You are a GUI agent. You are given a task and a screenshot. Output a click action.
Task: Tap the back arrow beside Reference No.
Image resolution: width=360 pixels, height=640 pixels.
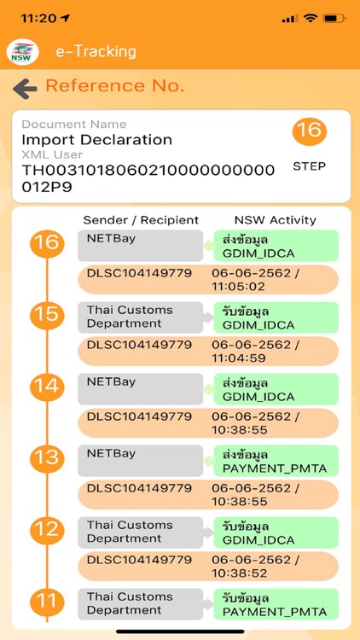point(25,88)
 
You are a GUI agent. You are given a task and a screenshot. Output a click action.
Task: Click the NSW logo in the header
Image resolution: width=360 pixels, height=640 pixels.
point(23,52)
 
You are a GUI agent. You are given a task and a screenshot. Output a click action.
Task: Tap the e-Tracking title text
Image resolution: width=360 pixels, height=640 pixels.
point(96,51)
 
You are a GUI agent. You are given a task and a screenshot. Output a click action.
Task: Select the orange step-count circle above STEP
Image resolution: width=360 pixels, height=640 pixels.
point(309,131)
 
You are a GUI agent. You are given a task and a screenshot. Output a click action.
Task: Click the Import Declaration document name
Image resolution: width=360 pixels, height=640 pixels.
point(96,139)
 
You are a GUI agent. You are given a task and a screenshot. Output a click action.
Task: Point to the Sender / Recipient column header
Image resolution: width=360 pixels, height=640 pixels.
point(141,220)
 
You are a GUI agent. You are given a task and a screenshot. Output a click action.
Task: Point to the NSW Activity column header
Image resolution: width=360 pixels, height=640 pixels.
point(275,220)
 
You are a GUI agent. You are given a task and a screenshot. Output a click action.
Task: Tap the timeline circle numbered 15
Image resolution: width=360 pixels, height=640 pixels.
point(46,315)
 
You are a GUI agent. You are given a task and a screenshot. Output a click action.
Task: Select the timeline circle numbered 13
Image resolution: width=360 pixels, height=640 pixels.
point(46,458)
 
